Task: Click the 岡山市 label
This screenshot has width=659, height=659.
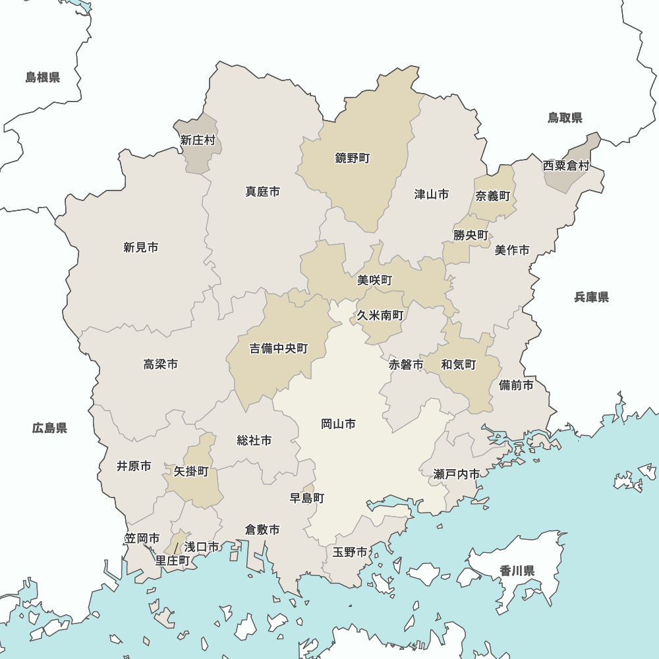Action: point(339,424)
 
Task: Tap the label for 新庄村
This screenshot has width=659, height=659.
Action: point(198,140)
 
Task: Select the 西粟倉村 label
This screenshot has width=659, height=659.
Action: point(566,165)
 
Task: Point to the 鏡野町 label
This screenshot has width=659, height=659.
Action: point(353,158)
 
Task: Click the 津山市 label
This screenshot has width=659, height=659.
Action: point(432,194)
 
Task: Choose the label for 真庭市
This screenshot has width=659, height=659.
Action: point(263,192)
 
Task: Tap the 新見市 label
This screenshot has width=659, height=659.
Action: point(141,248)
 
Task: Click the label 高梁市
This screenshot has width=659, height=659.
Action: point(161,364)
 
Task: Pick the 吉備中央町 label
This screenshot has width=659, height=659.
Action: point(279,349)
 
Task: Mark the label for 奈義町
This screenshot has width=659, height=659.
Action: point(493,196)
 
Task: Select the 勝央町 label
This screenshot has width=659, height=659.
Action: point(471,235)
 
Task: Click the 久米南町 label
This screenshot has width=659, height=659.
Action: point(380,315)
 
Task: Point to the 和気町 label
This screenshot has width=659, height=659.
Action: point(459,364)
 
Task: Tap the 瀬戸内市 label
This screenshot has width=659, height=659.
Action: point(457,474)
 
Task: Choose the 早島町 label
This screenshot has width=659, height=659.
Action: point(307,498)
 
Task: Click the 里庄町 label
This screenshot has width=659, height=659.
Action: point(173,561)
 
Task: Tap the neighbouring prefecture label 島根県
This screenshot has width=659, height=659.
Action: point(43,78)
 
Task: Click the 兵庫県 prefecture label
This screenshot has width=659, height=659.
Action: point(591,297)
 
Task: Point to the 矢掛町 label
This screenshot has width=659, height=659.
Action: point(191,471)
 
